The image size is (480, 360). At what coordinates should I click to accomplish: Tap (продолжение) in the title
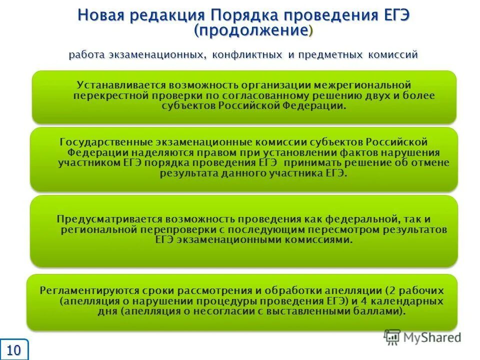click(253, 30)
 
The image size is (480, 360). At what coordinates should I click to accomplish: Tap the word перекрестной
click(107, 95)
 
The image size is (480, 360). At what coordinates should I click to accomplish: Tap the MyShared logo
click(422, 337)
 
